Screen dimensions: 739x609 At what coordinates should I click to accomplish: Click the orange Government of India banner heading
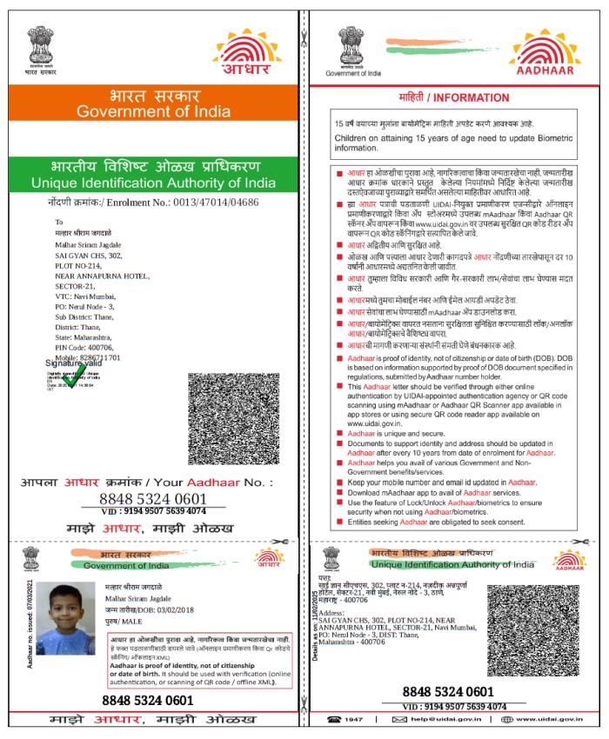(x=152, y=103)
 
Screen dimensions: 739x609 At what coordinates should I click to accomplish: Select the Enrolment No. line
(x=154, y=202)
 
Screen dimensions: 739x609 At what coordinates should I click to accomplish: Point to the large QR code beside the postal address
(x=234, y=419)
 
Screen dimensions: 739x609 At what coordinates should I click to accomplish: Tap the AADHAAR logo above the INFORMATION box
(x=546, y=54)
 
